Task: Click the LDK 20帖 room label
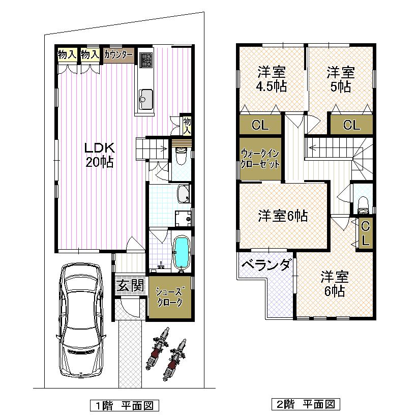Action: coord(99,155)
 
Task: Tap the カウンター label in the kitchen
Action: coord(118,55)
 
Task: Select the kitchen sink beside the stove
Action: coord(146,96)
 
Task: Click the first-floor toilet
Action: coord(181,156)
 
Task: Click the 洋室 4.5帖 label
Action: coord(272,78)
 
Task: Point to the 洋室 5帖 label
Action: coord(341,78)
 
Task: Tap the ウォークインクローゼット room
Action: coord(260,159)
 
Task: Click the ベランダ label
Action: coord(266,265)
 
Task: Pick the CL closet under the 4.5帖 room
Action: coord(260,125)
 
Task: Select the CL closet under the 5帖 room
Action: coord(351,125)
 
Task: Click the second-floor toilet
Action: coord(363,203)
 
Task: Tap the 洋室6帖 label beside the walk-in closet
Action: coord(283,216)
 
